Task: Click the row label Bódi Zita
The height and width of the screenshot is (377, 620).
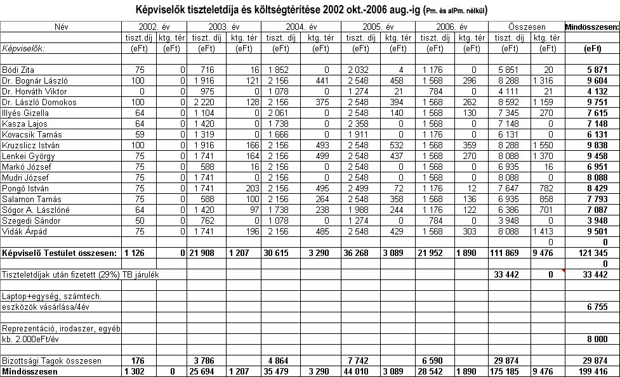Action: coord(18,70)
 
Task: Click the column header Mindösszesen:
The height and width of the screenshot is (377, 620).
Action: coord(592,27)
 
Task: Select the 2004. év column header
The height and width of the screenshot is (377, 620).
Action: coord(301,27)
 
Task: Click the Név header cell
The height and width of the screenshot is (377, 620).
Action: coord(61,27)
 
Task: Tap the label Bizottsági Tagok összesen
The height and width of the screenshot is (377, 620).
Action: coord(51,361)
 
